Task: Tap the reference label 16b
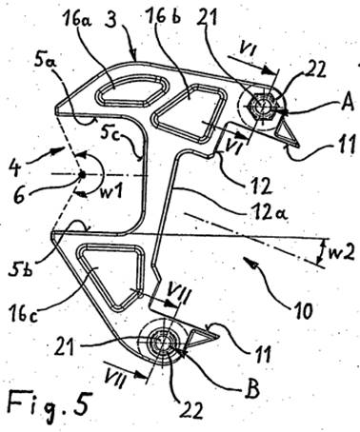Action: [x=163, y=16]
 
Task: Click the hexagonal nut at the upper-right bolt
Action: [x=263, y=106]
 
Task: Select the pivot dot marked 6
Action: [x=82, y=174]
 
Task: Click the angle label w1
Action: [x=109, y=191]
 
